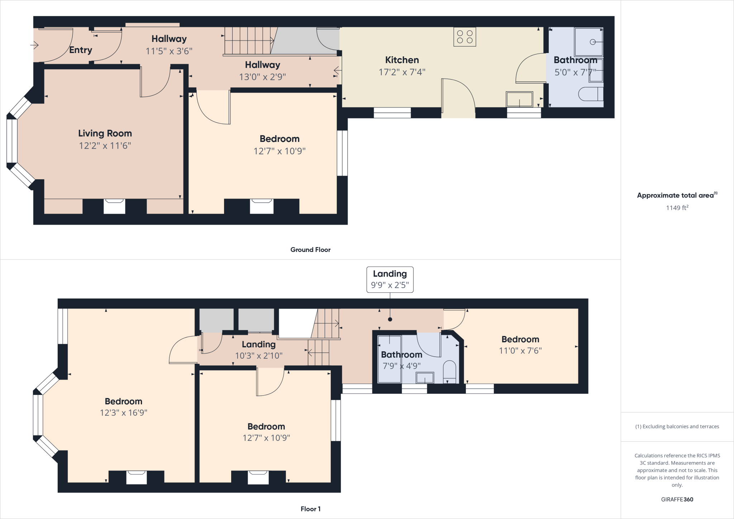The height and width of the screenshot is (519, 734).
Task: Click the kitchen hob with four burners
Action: coord(464,37)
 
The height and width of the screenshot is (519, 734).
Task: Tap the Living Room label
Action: coord(105,133)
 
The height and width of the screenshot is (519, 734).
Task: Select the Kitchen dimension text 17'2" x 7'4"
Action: coord(402,72)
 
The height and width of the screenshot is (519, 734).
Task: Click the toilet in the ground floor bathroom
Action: coord(590,94)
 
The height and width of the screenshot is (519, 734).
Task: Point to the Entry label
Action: coord(81,50)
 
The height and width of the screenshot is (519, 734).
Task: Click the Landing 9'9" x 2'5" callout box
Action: coord(390,279)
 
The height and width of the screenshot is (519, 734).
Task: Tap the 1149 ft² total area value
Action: coord(677,208)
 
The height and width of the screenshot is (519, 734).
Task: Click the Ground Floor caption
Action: coord(310,249)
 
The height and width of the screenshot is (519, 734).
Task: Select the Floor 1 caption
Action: coord(310,509)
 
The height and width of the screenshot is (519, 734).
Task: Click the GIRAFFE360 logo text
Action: coord(677,499)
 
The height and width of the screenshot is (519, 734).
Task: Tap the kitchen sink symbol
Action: coord(519,99)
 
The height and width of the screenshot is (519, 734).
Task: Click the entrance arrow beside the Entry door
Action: coord(34,45)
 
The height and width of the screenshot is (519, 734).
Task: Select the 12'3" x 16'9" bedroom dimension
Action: coord(124,413)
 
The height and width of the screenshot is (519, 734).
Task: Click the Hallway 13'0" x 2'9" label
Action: coord(262,71)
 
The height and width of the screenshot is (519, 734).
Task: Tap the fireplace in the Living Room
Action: coord(114,206)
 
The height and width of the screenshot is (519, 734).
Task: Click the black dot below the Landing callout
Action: coord(390,319)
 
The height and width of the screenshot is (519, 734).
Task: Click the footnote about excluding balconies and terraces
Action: coord(677,427)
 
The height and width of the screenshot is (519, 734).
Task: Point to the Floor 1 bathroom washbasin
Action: coord(425,378)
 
